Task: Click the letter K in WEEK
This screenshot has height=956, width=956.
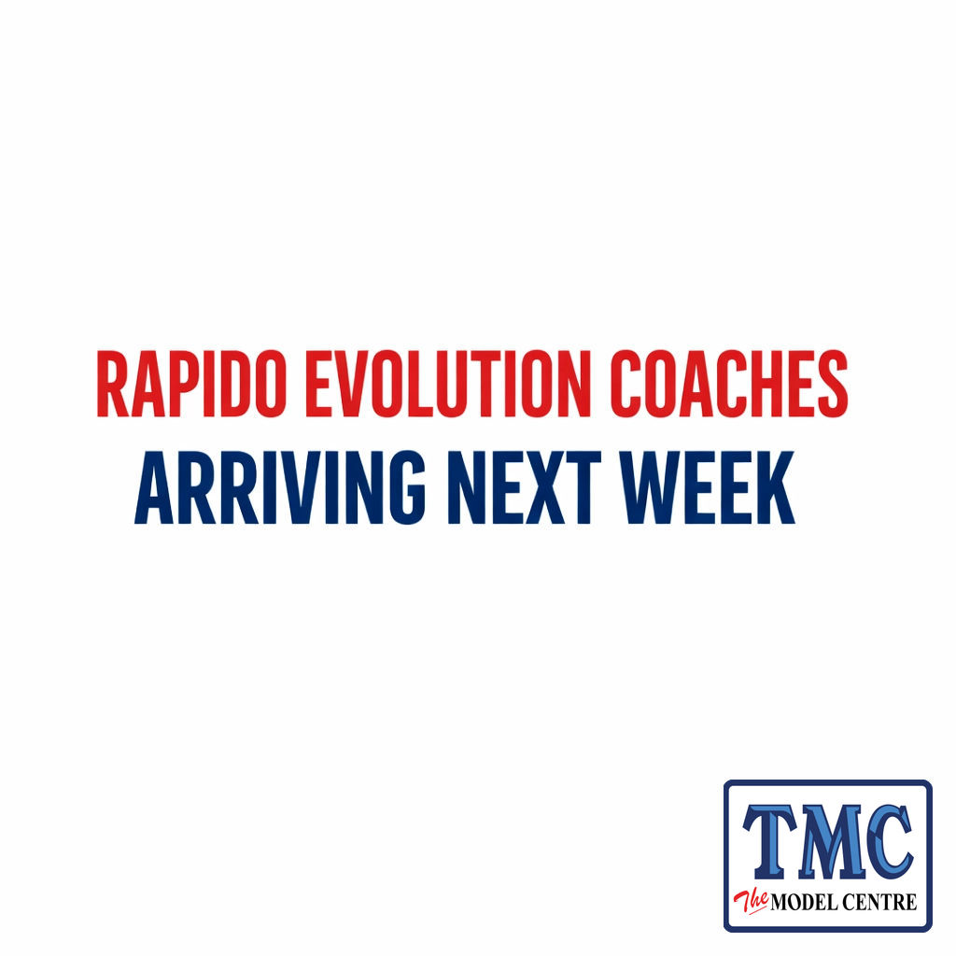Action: pyautogui.click(x=773, y=488)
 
